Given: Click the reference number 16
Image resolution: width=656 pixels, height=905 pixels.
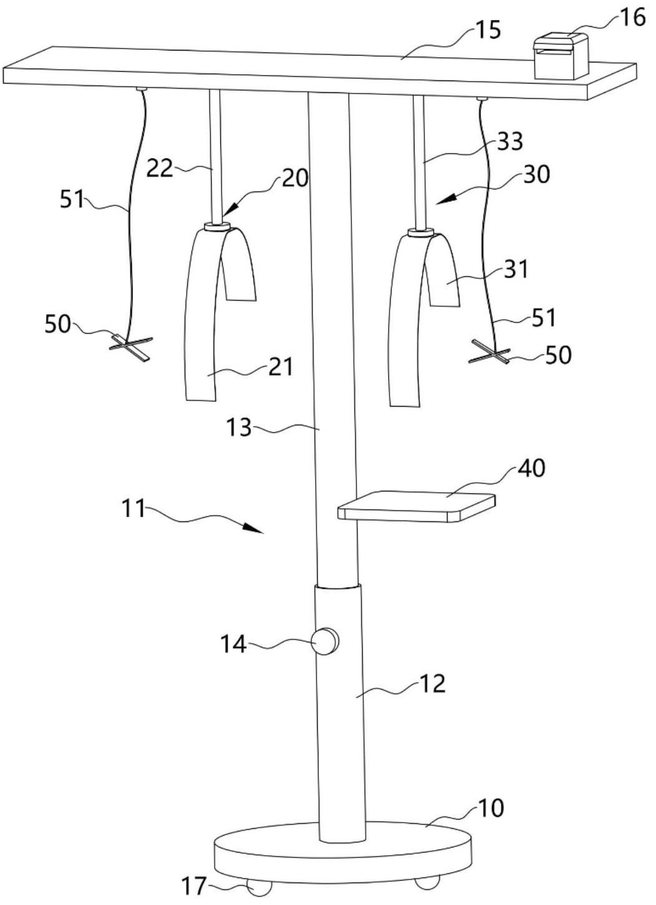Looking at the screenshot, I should point(633,17).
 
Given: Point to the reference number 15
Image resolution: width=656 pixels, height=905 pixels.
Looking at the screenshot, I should point(487,29).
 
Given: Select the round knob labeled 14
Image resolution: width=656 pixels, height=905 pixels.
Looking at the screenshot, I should point(325,641).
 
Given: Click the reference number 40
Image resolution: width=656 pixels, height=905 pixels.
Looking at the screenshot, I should point(531,468).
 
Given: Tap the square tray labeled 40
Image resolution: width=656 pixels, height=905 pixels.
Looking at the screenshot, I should point(417,505).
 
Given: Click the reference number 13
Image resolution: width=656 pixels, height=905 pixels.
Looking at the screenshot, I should point(238,428).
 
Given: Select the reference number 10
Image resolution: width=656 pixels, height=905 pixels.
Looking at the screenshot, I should point(490,808).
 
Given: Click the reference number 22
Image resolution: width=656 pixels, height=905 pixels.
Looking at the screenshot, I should point(160,168).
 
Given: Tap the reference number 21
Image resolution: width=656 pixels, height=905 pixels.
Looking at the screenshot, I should point(280,366).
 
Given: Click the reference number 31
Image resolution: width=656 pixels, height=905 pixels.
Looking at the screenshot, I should point(516,269).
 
